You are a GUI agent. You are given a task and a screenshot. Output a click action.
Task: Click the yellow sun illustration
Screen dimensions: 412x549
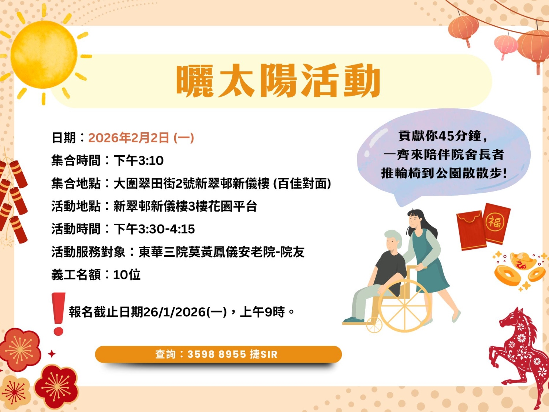point(44,55)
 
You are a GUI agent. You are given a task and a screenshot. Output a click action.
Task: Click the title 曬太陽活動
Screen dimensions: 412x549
point(278,81)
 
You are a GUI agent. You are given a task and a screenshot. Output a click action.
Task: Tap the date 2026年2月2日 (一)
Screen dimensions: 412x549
point(141,138)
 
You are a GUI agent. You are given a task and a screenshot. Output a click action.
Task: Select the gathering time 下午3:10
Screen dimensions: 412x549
point(139,161)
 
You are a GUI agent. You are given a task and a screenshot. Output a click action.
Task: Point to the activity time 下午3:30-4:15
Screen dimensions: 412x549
point(154,229)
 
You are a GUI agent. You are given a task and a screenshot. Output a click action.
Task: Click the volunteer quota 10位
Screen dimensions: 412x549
point(127,275)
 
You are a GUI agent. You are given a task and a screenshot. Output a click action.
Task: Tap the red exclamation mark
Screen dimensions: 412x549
point(58,313)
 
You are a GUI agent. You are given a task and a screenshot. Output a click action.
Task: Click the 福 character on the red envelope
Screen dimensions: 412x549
point(495,222)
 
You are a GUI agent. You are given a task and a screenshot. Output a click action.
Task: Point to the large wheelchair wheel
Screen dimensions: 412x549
point(404,306)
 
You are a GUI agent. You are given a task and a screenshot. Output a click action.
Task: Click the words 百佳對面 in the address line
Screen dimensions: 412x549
point(302,183)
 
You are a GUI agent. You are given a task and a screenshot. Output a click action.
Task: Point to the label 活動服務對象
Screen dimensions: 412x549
point(88,252)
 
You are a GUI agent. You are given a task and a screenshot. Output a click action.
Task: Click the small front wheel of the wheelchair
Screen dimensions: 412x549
point(374,326)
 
